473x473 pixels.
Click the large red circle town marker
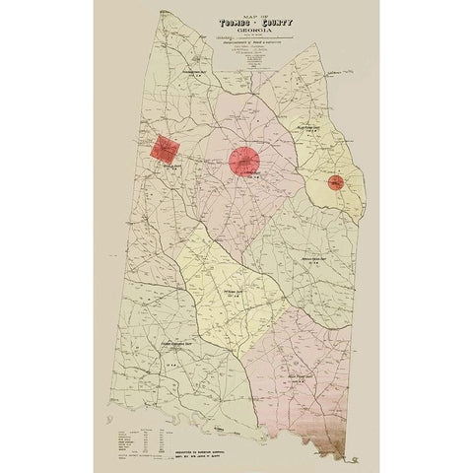point(244,161)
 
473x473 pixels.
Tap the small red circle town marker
point(335,182)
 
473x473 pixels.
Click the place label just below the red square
point(177,169)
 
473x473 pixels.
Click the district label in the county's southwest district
point(175,345)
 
